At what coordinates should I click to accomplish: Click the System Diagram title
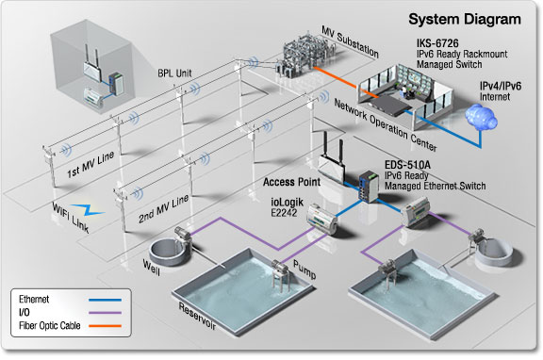(462, 18)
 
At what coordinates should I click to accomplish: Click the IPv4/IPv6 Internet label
(500, 90)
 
